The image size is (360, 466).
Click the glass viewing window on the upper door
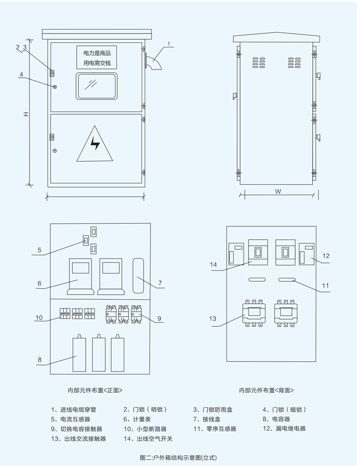[96, 86]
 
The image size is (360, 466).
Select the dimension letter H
[25, 114]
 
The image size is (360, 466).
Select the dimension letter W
[278, 192]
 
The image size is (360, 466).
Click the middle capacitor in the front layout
[99, 354]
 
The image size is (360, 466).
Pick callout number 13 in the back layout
[213, 319]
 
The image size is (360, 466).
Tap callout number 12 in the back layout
[326, 255]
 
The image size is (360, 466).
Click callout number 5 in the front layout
[39, 250]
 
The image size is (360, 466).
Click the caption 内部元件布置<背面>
[266, 390]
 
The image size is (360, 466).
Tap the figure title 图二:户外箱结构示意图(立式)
[178, 457]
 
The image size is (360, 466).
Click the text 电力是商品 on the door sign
[97, 53]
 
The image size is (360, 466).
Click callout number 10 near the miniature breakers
[39, 317]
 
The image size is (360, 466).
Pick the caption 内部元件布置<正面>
[95, 390]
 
